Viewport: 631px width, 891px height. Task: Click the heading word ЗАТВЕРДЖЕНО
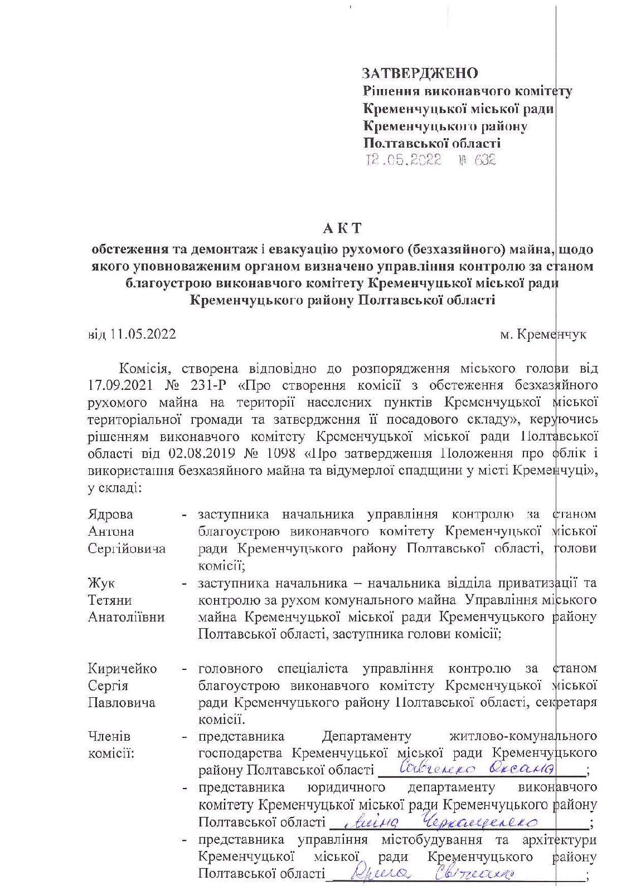420,74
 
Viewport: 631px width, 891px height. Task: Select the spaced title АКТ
342,228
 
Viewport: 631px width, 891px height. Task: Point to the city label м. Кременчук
543,335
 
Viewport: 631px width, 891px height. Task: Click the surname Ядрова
110,514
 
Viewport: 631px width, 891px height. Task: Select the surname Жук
101,583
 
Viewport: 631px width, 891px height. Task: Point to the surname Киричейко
122,668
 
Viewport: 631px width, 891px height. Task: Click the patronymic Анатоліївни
127,617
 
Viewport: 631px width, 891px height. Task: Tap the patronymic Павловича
122,702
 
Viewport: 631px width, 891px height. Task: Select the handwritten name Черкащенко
479,821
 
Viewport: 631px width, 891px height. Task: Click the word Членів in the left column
109,737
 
